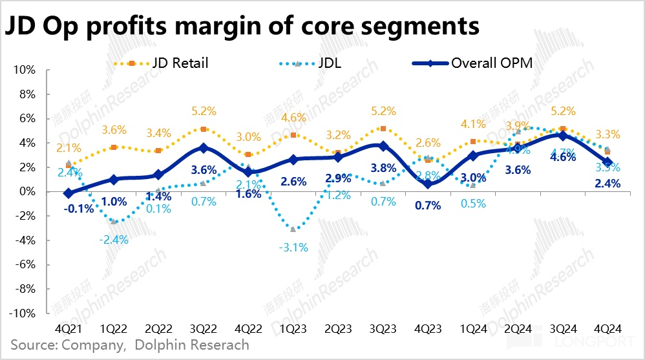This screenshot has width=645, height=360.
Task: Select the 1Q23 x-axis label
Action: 294,327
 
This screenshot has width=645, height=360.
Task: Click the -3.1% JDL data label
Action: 294,246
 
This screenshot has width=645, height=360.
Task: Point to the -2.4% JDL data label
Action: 114,239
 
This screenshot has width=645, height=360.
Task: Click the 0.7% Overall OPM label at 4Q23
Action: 428,206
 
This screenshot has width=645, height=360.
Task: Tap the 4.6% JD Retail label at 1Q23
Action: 294,118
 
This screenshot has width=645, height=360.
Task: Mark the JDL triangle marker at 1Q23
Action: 294,229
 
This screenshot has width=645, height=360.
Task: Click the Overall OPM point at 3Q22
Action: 204,148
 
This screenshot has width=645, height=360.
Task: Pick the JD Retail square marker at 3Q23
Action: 383,129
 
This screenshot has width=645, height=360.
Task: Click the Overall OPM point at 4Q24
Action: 608,162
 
